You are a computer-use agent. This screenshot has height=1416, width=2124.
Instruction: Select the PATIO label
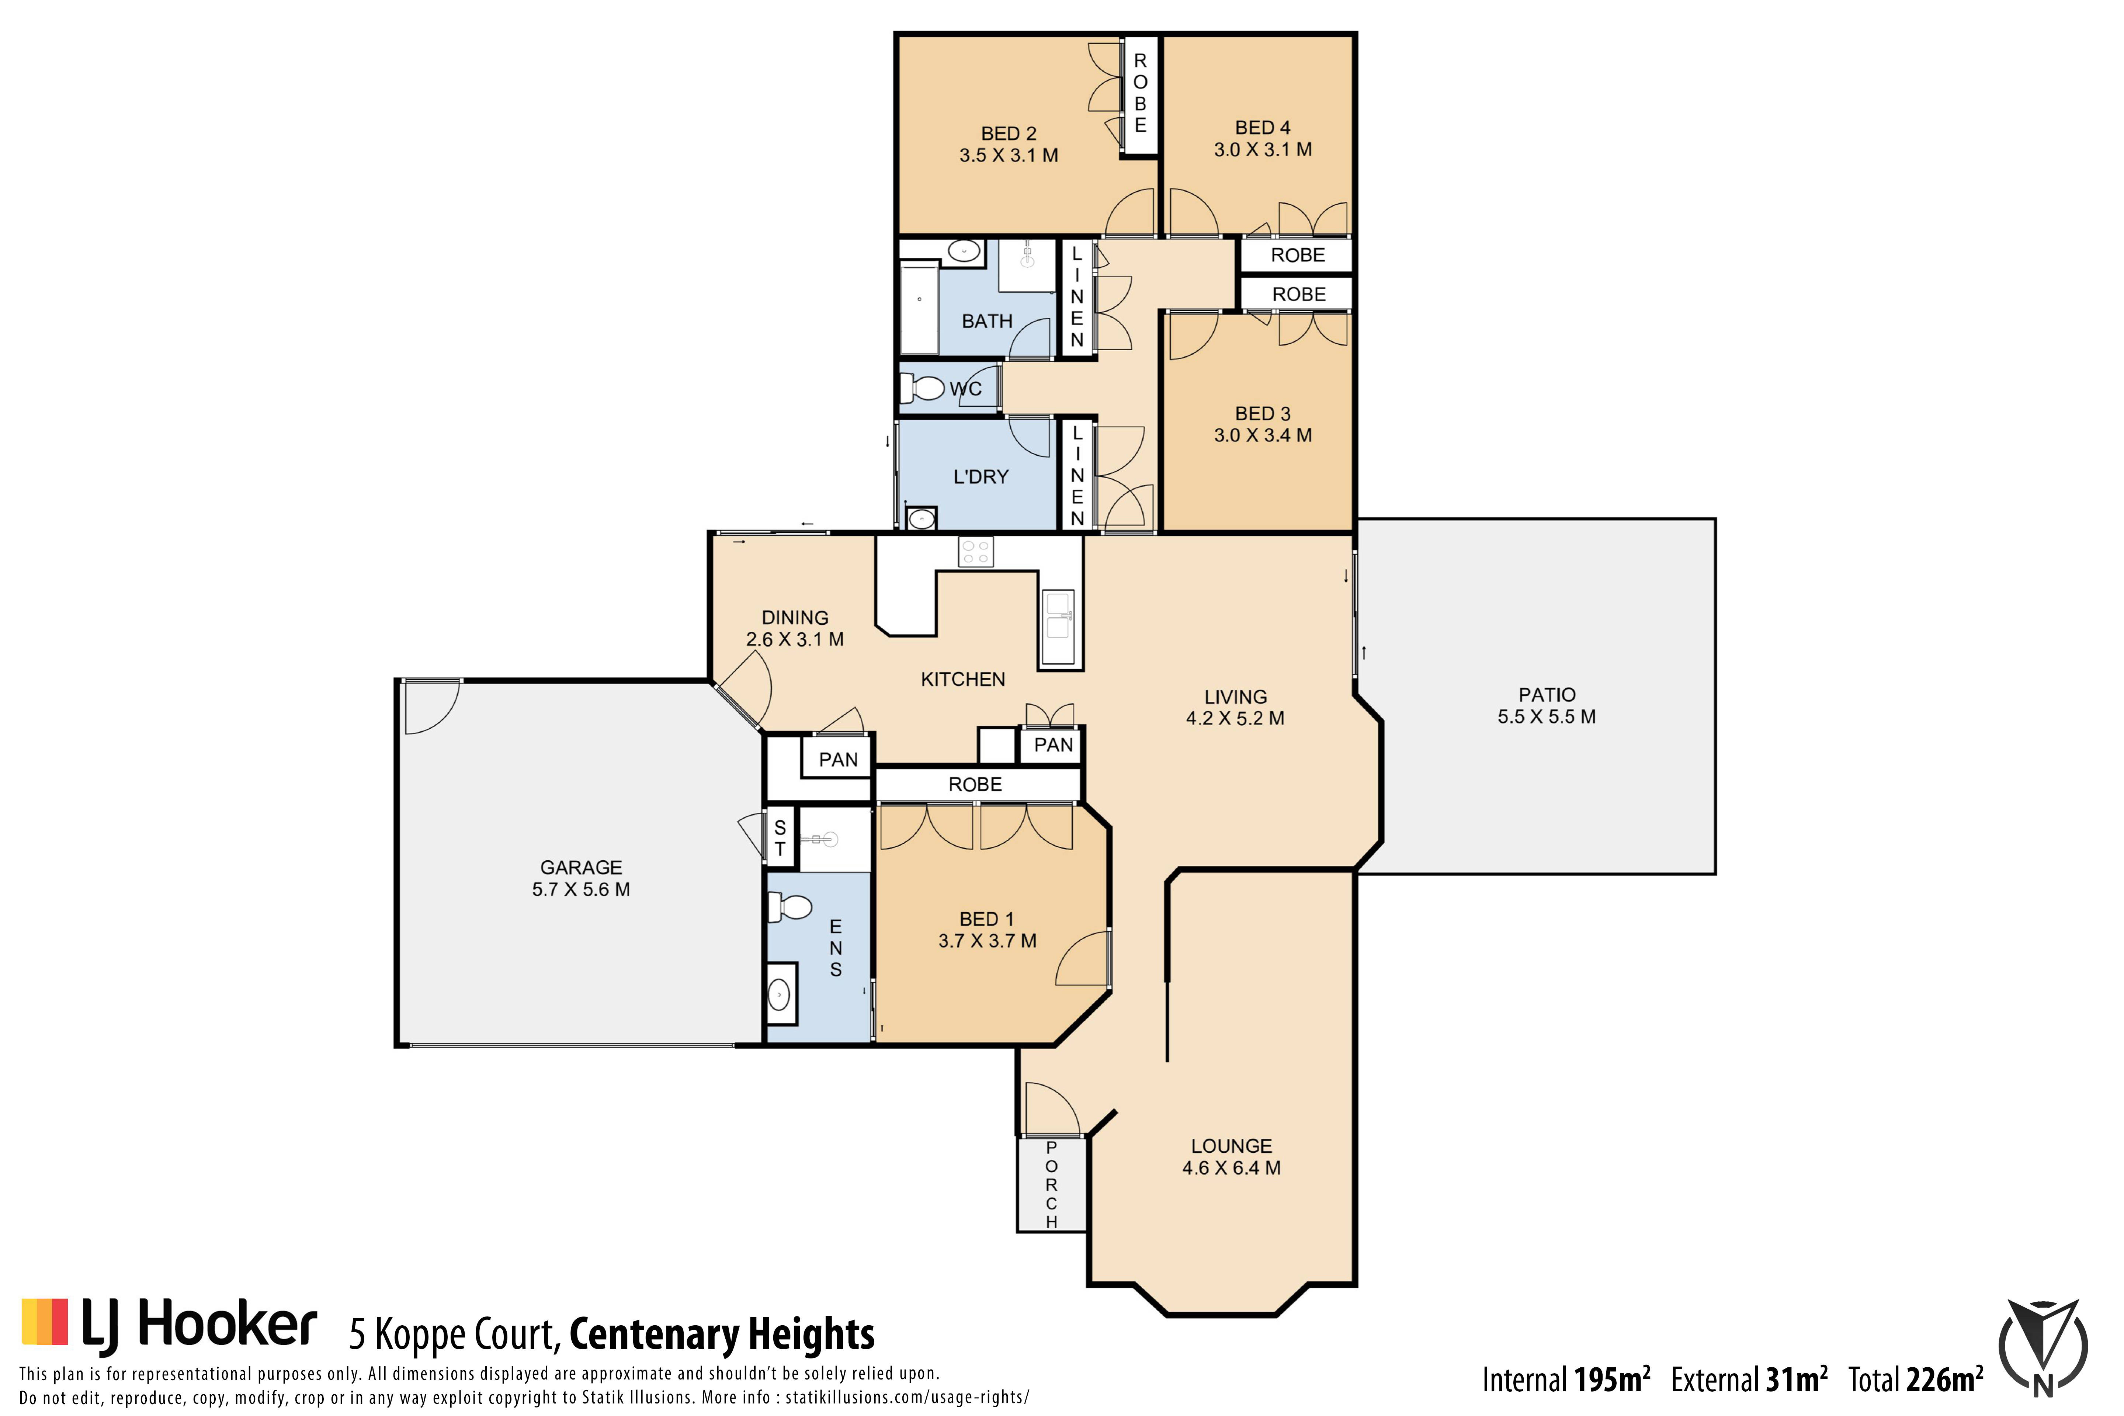click(x=1547, y=694)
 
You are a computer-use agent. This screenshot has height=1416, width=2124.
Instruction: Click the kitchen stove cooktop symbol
click(x=975, y=552)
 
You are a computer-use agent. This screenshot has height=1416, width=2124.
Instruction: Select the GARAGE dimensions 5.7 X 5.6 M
click(x=581, y=889)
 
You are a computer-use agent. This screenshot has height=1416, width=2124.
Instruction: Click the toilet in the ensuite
click(x=789, y=907)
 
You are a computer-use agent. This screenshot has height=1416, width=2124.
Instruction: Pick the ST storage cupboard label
click(x=780, y=838)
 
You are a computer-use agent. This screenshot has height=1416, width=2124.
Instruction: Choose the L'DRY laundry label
click(x=981, y=477)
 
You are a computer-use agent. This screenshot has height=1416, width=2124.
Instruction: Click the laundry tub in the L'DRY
click(x=921, y=518)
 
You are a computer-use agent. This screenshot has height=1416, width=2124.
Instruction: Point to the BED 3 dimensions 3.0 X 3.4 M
click(x=1263, y=435)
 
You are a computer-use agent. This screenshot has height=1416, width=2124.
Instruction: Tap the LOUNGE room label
click(x=1231, y=1146)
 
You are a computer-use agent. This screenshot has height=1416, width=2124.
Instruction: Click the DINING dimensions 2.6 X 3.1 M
click(x=795, y=639)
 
